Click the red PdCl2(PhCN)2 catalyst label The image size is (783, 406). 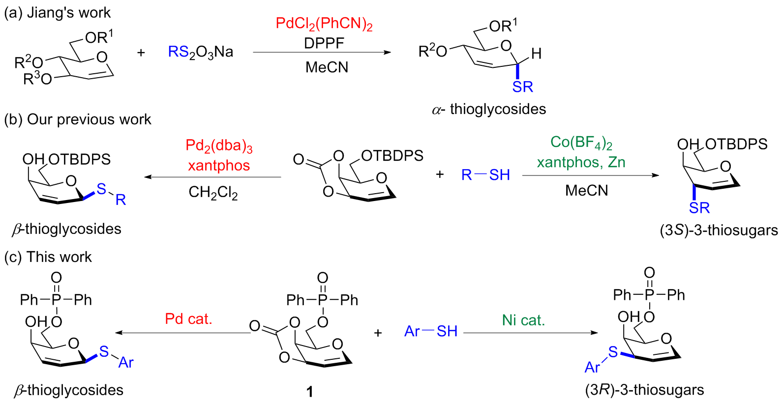click(x=324, y=24)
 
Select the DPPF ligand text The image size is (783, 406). click(x=324, y=43)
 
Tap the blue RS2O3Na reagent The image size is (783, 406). click(x=201, y=52)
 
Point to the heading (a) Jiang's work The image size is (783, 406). click(x=58, y=13)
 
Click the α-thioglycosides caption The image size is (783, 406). click(x=489, y=109)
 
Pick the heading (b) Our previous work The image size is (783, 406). click(x=78, y=119)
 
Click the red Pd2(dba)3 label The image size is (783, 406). click(x=219, y=146)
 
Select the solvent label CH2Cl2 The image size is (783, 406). click(x=213, y=192)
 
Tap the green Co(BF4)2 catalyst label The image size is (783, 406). click(x=581, y=143)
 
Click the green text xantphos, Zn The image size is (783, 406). click(x=581, y=162)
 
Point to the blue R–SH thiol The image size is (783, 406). click(x=485, y=175)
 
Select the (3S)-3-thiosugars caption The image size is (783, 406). click(x=719, y=230)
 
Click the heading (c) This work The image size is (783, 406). click(x=48, y=257)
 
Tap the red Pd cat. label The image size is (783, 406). click(x=188, y=319)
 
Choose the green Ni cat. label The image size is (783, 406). click(x=523, y=320)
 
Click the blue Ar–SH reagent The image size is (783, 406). click(x=431, y=331)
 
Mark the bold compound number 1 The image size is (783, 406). click(x=310, y=392)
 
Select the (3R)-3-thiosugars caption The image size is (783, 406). click(x=644, y=390)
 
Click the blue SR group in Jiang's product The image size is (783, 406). click(x=522, y=87)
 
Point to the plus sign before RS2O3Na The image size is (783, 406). click(x=141, y=52)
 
